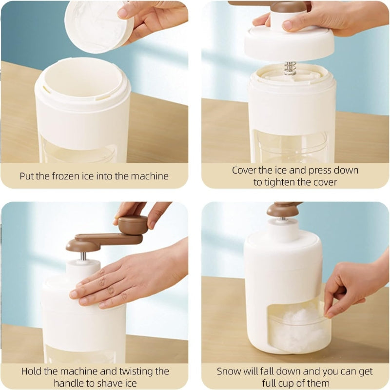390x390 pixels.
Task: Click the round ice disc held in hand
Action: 97,24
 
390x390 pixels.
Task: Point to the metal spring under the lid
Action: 290,68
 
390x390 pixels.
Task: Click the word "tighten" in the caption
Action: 284,182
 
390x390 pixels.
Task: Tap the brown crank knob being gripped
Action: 133,225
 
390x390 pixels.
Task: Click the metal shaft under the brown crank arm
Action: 83,255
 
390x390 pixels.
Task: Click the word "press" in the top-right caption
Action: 318,170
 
